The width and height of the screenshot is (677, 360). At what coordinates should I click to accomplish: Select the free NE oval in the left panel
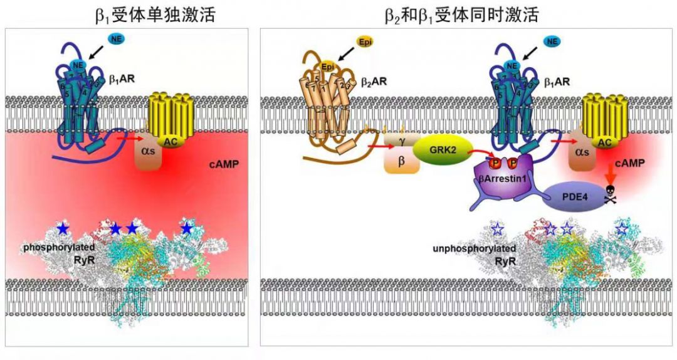point(117,40)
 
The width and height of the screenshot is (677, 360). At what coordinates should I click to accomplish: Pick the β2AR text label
point(373,82)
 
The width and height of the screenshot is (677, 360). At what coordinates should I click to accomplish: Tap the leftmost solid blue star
point(62,228)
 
